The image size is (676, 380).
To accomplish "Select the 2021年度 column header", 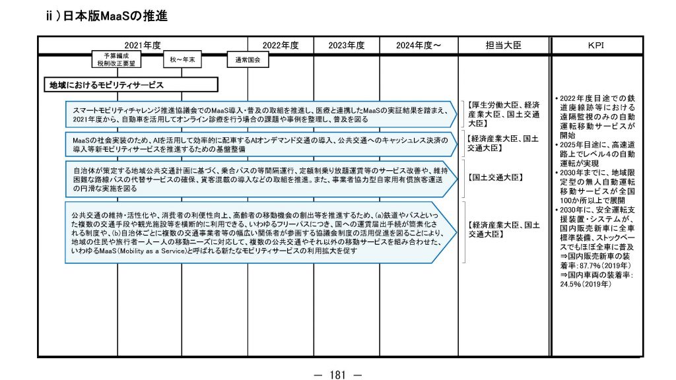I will [143, 46].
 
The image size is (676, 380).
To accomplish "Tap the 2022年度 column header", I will [281, 46].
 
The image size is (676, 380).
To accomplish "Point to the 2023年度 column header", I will [347, 46].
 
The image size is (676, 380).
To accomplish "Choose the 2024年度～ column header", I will [419, 46].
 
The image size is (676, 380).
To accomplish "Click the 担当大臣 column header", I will [504, 46].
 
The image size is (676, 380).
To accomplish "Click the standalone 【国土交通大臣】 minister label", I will [494, 178].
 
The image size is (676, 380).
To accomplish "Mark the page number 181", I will [337, 375].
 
